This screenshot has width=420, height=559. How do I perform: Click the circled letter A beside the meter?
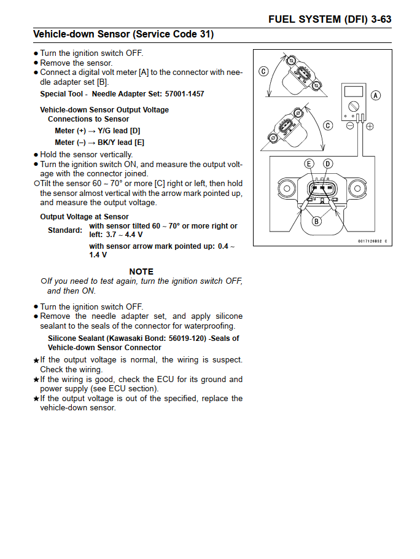tap(376, 95)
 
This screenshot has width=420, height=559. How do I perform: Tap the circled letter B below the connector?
tap(317, 221)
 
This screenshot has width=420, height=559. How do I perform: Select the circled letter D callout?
tap(328, 163)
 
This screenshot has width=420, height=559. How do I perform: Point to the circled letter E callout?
tap(309, 163)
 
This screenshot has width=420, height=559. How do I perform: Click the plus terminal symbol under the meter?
tap(370, 126)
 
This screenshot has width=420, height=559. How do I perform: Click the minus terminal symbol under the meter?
tap(350, 126)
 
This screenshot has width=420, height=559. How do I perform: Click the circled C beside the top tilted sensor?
tap(263, 71)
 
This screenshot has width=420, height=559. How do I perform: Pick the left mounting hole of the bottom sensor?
tap(287, 187)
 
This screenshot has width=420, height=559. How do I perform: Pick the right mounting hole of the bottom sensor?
tap(358, 187)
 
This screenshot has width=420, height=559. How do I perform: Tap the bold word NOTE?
tap(141, 272)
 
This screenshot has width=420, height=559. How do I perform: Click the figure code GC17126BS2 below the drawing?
tap(372, 241)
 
